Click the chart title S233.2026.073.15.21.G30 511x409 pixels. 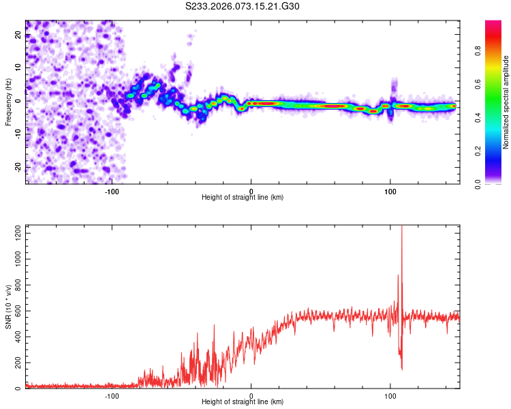pos(243,6)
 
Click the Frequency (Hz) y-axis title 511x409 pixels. pos(8,102)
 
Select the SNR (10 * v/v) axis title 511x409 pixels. pos(8,307)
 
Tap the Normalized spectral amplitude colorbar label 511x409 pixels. pos(506,102)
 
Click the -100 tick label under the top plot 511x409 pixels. pos(112,191)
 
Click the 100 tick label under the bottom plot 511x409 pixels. pos(390,396)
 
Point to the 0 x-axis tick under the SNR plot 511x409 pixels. pos(251,396)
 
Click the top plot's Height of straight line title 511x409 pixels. pos(243,198)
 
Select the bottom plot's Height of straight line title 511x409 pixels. pos(243,403)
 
